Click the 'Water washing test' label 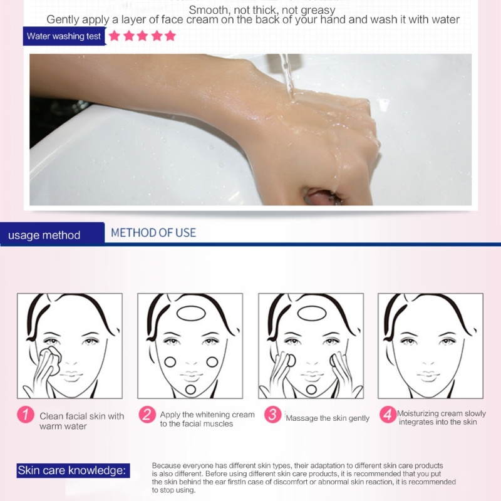tap(64, 36)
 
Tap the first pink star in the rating tap(114, 36)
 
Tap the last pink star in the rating tap(170, 36)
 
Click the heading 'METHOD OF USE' tap(153, 233)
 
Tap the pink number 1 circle tap(26, 415)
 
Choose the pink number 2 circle tap(147, 415)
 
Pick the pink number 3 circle tap(272, 415)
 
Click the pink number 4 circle tap(388, 415)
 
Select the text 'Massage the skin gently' tap(328, 418)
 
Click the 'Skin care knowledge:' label tap(73, 471)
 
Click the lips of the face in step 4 tap(428, 377)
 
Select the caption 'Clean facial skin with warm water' tap(82, 421)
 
